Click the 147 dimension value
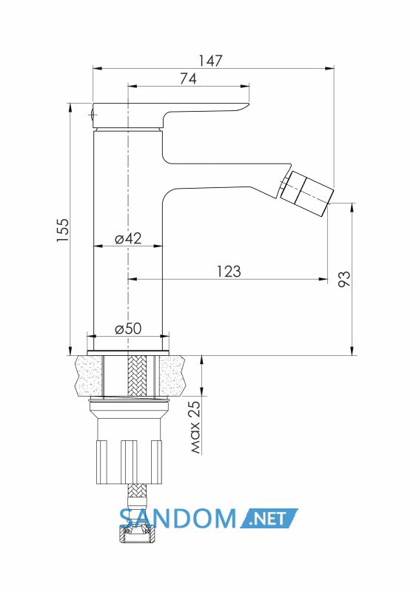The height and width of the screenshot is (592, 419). click(211, 61)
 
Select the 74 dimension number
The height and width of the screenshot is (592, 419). click(188, 78)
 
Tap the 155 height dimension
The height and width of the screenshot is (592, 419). click(63, 230)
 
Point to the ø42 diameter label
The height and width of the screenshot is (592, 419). click(128, 238)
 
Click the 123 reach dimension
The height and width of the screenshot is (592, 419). click(229, 271)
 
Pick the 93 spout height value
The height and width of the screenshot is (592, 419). click(343, 279)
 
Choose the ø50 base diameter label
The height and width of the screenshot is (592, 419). click(128, 329)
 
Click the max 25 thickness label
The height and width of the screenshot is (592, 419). click(195, 427)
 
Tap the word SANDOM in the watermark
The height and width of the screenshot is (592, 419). click(178, 518)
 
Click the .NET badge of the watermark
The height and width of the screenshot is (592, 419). click(269, 518)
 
